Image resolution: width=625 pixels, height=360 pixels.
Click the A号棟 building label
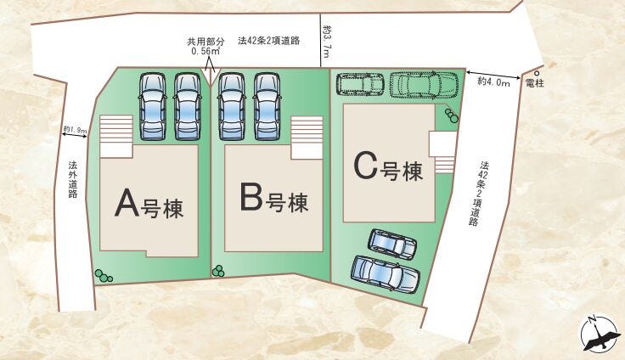[x=149, y=204]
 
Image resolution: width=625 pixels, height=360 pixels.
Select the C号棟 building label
[x=388, y=169]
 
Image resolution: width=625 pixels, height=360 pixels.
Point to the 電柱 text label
[x=535, y=83]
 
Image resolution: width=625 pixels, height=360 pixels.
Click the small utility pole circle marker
[x=536, y=72]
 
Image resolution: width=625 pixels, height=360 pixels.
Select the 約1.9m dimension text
[x=75, y=131]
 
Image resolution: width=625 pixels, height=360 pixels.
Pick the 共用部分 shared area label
[x=206, y=41]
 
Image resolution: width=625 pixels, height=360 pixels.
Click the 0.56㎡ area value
[x=206, y=51]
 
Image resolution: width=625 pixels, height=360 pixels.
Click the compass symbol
[x=600, y=335]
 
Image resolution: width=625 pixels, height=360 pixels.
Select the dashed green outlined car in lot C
[x=424, y=83]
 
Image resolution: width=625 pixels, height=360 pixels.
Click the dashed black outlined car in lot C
[x=360, y=83]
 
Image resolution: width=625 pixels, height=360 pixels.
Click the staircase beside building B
[x=307, y=136]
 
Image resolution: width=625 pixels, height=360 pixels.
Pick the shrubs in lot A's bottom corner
[x=104, y=276]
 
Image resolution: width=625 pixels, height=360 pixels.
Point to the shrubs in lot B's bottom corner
[x=219, y=271]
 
